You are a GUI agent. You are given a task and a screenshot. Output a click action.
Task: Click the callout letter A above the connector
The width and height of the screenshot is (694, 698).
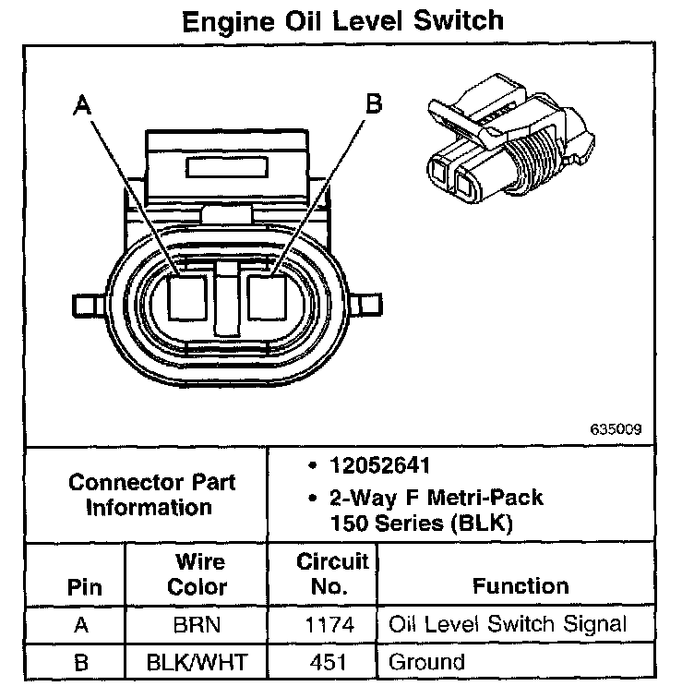pyautogui.click(x=84, y=107)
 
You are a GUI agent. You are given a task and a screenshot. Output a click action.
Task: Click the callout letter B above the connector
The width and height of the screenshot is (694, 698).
pyautogui.click(x=373, y=103)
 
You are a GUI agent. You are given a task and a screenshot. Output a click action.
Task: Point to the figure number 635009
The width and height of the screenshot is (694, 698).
pyautogui.click(x=616, y=429)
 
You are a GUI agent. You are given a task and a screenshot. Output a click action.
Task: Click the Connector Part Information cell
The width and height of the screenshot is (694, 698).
pyautogui.click(x=152, y=494)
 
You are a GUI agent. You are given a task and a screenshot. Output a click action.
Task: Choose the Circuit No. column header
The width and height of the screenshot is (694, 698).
pyautogui.click(x=332, y=573)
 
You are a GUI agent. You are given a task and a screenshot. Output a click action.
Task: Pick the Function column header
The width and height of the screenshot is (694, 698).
pyautogui.click(x=520, y=585)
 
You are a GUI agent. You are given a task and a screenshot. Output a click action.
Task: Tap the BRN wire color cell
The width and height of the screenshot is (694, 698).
pyautogui.click(x=197, y=625)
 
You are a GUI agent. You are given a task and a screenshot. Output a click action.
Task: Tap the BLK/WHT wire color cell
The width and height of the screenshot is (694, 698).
pyautogui.click(x=197, y=661)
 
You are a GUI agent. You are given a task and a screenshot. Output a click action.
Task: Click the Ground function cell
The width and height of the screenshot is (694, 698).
pyautogui.click(x=426, y=661)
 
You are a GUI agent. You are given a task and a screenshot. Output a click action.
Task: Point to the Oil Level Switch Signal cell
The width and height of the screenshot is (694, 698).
pyautogui.click(x=508, y=625)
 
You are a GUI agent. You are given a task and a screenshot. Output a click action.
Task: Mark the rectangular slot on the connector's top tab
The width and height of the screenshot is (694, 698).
pyautogui.click(x=228, y=167)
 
